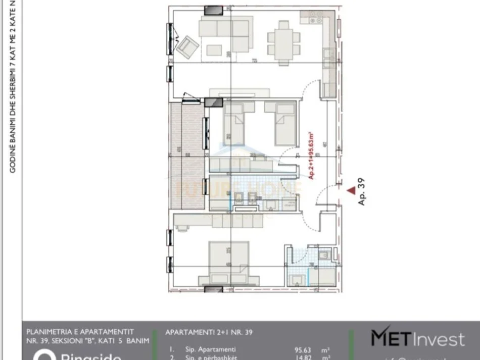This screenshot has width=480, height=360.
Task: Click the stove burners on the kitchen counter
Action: pos(316,20)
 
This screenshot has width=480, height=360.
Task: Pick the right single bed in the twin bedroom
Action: pos(284,123)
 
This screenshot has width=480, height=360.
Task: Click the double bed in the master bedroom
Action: pos(230,264)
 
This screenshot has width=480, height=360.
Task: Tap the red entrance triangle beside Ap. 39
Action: pos(351,190)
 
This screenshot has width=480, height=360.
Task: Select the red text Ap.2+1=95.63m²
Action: pos(311,155)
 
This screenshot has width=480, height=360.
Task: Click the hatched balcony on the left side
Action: pos(187,154)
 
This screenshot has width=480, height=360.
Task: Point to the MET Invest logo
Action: pos(418,338)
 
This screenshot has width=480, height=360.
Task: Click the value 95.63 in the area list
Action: pos(303,349)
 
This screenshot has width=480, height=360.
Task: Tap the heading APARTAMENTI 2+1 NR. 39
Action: pos(209,332)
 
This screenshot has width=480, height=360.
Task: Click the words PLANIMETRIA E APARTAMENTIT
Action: pos(80,332)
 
